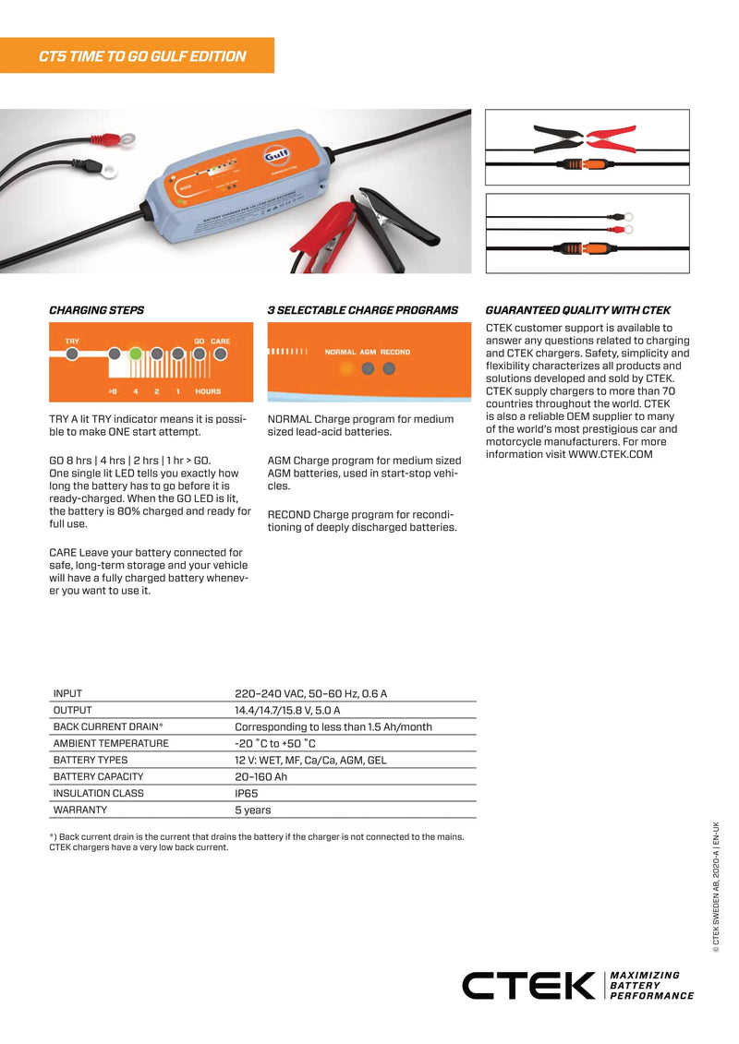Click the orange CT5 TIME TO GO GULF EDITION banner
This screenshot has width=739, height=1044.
[x=138, y=55]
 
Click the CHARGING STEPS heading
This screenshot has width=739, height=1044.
[x=96, y=310]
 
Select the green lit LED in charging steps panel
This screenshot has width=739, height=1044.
[x=135, y=353]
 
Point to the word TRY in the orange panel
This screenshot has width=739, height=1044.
[x=72, y=342]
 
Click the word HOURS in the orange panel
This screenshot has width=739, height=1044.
[x=208, y=391]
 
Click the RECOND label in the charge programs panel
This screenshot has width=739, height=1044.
[x=395, y=352]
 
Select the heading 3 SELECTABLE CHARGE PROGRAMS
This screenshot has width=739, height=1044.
[x=362, y=310]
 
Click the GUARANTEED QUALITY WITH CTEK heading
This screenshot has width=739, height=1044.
[x=577, y=310]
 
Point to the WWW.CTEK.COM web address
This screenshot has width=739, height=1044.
[x=611, y=454]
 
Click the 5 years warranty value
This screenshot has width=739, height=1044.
[x=252, y=810]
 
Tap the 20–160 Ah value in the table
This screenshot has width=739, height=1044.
[x=260, y=776]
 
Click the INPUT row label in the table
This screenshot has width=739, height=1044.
[x=67, y=693]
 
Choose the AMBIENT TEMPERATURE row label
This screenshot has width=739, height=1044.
[x=111, y=743]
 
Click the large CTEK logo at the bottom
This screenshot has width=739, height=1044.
[x=528, y=986]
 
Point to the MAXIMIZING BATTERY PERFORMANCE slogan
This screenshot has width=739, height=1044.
[x=651, y=986]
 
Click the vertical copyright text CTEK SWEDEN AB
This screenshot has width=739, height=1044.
[x=716, y=884]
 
